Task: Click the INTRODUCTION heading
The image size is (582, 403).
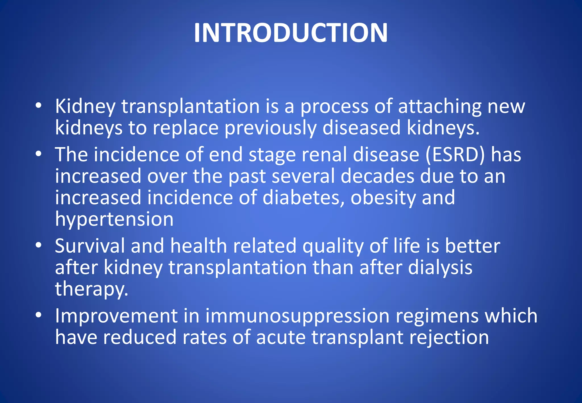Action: coord(291,33)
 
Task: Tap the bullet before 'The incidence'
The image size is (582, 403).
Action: coord(39,155)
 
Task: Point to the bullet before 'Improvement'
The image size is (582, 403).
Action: coord(39,315)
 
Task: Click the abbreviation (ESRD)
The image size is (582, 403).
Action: coord(455,155)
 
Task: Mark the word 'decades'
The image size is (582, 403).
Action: coord(377,176)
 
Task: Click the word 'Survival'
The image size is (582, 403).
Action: coord(90,246)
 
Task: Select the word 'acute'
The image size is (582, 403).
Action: coord(281,338)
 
